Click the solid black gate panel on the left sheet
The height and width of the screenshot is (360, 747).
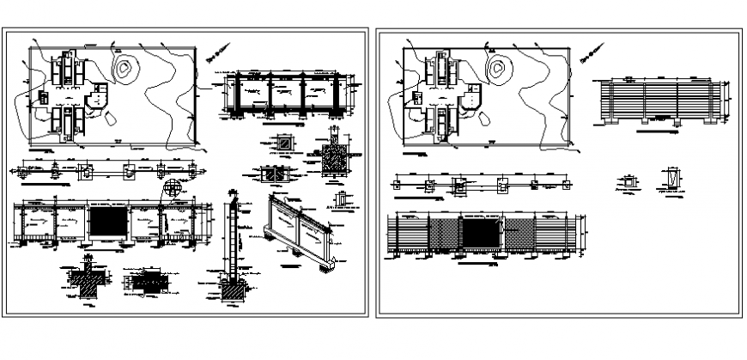pos(108,224)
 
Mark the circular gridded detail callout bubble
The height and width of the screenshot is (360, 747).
pos(173,186)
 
